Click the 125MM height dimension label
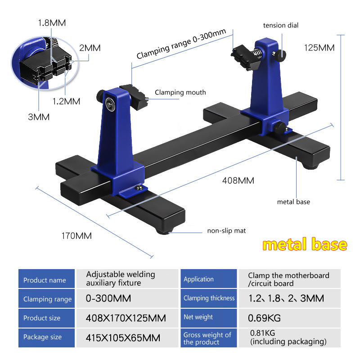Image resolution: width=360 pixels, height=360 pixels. click(x=319, y=48)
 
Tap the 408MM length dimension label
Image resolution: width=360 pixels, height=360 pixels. click(x=238, y=180)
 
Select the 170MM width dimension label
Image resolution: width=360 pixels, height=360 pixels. click(x=76, y=236)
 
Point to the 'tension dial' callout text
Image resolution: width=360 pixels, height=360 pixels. click(x=280, y=25)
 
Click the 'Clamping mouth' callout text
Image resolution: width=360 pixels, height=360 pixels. click(x=180, y=92)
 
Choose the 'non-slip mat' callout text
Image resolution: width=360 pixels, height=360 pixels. click(x=226, y=230)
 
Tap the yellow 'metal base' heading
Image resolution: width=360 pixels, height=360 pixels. click(x=305, y=244)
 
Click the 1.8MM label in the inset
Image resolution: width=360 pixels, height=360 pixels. click(x=52, y=23)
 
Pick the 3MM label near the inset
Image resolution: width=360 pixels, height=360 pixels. click(x=39, y=117)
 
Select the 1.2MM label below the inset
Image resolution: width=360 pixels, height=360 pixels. click(x=66, y=101)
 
